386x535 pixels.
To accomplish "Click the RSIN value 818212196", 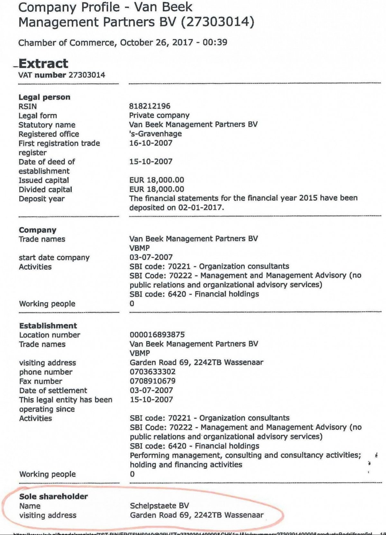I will click(150, 106).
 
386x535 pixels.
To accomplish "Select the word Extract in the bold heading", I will click(43, 63).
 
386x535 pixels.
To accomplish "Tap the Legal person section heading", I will click(44, 97).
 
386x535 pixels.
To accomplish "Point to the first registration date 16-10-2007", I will click(151, 143).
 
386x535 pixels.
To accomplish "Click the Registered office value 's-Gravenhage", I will click(155, 134).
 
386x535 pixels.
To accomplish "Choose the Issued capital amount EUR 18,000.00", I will click(157, 180).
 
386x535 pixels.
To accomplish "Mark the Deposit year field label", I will click(41, 199).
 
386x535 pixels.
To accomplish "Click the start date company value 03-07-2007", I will click(151, 257).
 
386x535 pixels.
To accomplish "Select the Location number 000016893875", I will click(157, 335).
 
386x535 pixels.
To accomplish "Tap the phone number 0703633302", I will click(152, 372).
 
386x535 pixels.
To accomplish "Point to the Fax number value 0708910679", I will click(152, 381).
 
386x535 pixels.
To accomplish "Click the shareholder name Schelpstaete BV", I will click(159, 506).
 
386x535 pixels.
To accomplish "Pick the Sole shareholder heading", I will click(53, 496).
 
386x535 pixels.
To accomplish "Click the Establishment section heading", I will click(48, 326).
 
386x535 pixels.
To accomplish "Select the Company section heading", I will click(38, 230).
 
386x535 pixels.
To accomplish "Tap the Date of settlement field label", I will click(53, 391).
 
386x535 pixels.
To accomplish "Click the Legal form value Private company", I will click(159, 115).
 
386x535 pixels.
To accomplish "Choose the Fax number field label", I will click(41, 381).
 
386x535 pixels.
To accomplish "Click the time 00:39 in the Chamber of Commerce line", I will click(215, 42).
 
